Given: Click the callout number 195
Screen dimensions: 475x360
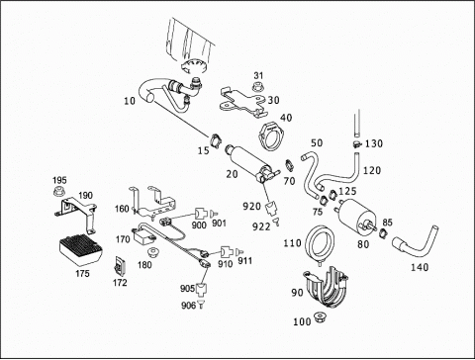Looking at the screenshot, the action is click(x=59, y=180).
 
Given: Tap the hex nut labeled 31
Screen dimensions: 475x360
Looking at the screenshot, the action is click(x=258, y=87).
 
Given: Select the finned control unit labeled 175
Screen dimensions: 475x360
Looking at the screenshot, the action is click(x=80, y=250).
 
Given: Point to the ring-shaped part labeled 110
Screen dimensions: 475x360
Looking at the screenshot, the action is click(x=320, y=242).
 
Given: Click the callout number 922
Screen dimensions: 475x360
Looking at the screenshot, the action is click(x=261, y=226).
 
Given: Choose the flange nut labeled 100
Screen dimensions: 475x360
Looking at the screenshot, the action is click(x=320, y=316).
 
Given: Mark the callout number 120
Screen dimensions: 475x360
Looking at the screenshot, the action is click(x=372, y=170).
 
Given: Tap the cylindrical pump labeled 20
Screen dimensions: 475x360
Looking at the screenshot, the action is click(x=251, y=163).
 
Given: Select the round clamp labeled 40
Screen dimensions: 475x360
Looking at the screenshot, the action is click(x=272, y=135).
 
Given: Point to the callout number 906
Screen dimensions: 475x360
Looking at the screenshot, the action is click(x=188, y=306).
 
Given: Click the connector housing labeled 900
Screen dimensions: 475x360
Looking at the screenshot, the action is click(x=200, y=215).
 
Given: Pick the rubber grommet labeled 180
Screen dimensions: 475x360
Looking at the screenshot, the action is click(x=153, y=253).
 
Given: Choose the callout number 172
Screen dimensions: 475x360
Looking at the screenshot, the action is click(x=120, y=283).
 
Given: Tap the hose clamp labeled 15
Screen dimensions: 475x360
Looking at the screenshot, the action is click(x=216, y=140).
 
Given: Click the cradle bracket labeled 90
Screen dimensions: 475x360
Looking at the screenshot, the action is click(x=326, y=286).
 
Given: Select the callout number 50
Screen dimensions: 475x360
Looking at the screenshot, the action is click(x=317, y=143).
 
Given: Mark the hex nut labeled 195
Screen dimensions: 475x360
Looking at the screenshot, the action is click(x=59, y=191).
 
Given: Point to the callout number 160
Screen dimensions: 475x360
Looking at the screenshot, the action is click(x=122, y=209).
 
